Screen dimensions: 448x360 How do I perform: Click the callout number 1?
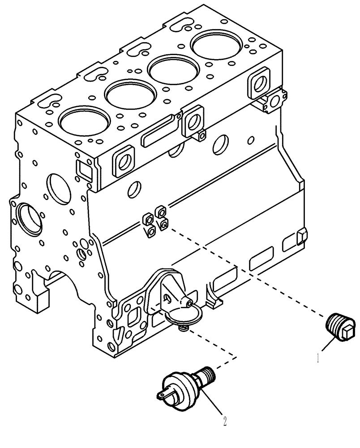click(318, 358)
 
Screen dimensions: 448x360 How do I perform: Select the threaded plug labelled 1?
click(340, 327)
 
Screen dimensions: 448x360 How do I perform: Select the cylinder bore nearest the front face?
click(84, 124)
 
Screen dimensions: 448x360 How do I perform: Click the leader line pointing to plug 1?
click(329, 348)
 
